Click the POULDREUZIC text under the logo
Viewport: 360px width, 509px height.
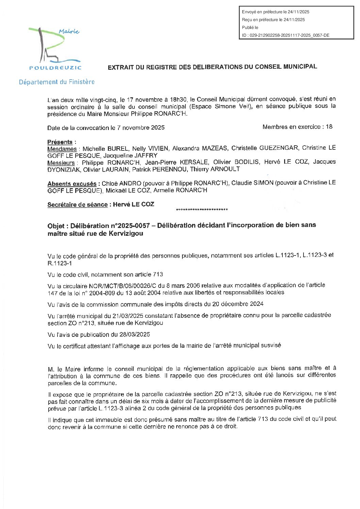[x=55, y=68]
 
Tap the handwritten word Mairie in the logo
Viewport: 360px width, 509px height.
[x=69, y=32]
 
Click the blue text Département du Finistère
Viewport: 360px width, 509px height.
[x=57, y=82]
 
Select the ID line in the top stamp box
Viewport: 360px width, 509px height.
[x=285, y=35]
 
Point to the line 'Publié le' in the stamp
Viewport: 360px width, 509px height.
[x=250, y=28]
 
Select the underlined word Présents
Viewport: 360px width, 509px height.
[x=60, y=142]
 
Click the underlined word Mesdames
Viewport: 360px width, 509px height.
[x=62, y=149]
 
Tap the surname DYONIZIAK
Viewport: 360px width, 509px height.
[x=64, y=169]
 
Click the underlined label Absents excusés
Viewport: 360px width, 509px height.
[x=72, y=184]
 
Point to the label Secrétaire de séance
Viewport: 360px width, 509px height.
[x=77, y=204]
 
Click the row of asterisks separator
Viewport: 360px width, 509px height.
[x=202, y=210]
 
